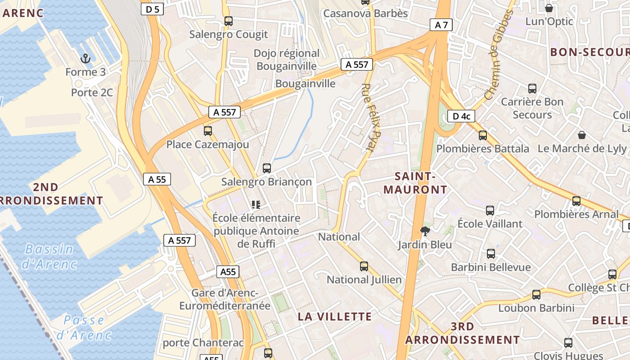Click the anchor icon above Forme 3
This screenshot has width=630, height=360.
point(85,58)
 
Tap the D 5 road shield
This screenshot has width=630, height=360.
point(152,9)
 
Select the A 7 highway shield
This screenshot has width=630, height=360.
point(441,25)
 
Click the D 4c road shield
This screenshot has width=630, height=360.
point(461,117)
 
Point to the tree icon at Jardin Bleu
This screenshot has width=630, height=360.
point(424,231)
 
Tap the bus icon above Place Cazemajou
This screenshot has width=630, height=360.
point(207,131)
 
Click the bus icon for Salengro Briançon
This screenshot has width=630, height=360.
point(267,168)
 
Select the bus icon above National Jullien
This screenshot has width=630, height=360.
point(364,266)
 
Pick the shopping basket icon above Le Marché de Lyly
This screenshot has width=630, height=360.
point(582,135)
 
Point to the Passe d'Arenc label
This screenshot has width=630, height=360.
point(84,328)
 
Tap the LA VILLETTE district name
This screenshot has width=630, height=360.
point(335,316)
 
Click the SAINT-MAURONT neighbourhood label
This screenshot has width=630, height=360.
point(415,183)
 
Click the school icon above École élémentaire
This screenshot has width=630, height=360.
point(256,205)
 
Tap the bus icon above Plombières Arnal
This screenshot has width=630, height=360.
point(576,201)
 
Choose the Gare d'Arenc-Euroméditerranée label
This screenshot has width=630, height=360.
point(225,299)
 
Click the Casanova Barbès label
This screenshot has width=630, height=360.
point(365,13)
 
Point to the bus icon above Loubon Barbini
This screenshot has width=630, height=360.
point(536,295)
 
